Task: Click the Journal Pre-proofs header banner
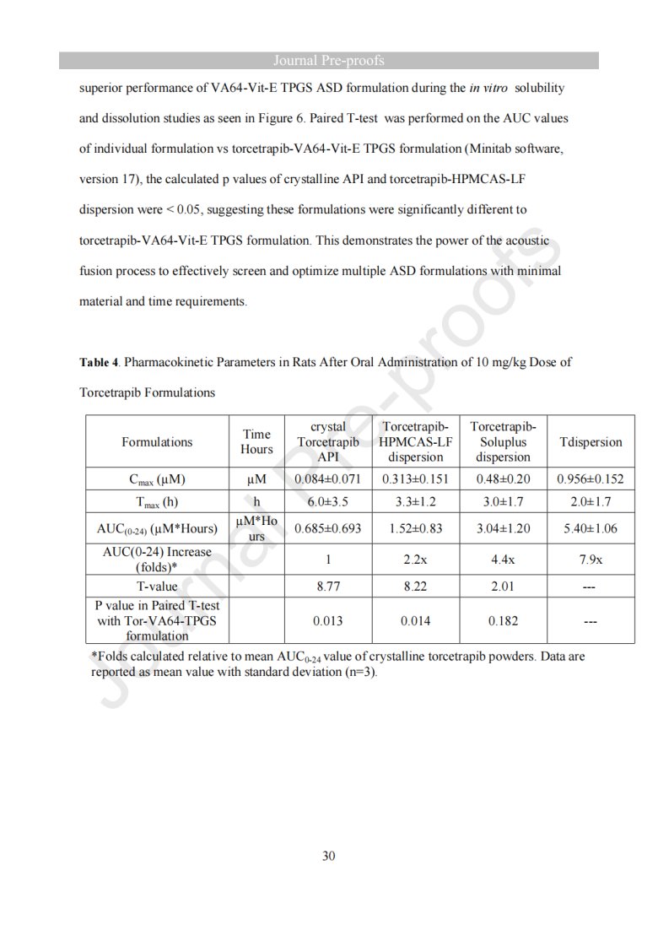tap(329, 61)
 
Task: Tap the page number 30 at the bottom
tap(329, 856)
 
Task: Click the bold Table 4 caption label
tap(99, 362)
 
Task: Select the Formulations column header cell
tap(157, 441)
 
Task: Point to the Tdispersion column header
tap(591, 441)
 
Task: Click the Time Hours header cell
tap(257, 441)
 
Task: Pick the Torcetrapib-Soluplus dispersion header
tap(503, 441)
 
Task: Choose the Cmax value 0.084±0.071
tap(328, 479)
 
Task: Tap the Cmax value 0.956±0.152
tap(591, 479)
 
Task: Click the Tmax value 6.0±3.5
tap(328, 500)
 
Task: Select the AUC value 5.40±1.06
tap(591, 528)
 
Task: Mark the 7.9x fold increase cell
tap(591, 559)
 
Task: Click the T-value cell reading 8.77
tap(328, 587)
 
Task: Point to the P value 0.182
tap(503, 621)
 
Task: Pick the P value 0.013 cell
tap(328, 621)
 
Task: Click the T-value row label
tap(157, 587)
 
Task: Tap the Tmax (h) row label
tap(157, 501)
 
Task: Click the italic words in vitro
tap(488, 88)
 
